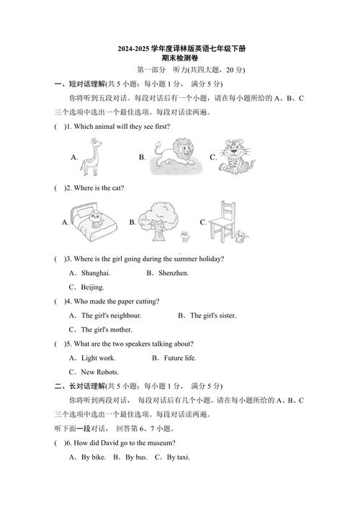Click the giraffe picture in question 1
click(x=89, y=156)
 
